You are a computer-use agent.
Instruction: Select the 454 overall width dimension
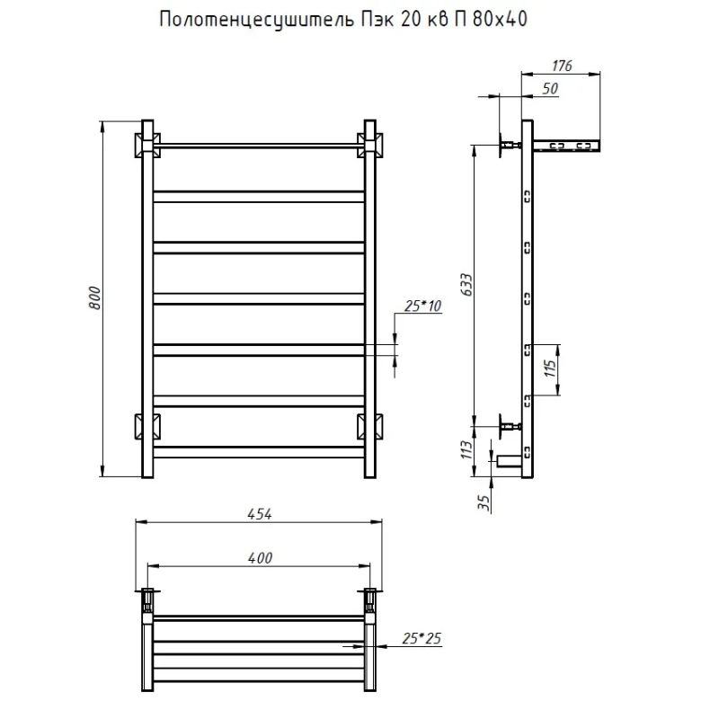click(259, 513)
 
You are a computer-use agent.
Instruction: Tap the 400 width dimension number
click(259, 558)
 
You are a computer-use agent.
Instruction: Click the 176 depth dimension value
click(561, 66)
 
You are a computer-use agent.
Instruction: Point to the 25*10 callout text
click(423, 307)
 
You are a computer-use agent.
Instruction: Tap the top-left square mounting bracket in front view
click(147, 144)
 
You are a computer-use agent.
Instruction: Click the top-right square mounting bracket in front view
click(368, 144)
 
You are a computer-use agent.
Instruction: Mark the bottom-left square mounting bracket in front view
click(147, 424)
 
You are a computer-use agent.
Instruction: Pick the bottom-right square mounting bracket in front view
click(368, 424)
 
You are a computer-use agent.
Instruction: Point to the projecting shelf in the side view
click(566, 144)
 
